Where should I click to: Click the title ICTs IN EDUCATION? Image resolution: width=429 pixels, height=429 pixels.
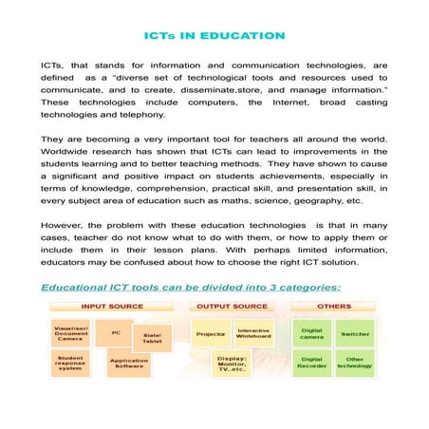pos(214,37)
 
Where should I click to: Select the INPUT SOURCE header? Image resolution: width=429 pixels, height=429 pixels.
pos(113,307)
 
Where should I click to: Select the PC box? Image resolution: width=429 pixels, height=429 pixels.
pos(116,333)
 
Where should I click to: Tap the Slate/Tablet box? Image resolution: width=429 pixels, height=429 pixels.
pos(153,338)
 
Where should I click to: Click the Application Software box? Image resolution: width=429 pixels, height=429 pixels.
pos(128,364)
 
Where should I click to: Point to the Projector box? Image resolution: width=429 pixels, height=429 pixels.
pos(210,335)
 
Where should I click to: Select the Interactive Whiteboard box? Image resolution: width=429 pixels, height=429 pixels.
pos(253,334)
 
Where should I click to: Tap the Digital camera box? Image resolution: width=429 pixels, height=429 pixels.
pos(311,334)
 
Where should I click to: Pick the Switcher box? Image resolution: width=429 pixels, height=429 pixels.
pos(357,334)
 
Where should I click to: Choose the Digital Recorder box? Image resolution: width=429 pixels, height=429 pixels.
pos(311,364)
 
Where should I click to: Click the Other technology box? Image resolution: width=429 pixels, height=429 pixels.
pos(357,364)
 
